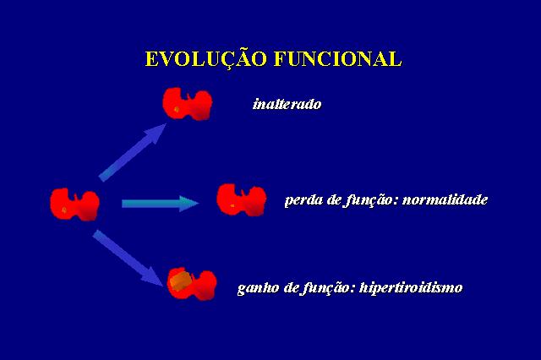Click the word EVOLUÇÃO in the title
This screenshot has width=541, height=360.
(206, 58)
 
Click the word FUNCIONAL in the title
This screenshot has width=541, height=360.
(338, 58)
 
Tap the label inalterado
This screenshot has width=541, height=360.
(287, 104)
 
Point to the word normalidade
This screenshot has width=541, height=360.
(445, 199)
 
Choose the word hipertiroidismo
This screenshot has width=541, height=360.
(411, 287)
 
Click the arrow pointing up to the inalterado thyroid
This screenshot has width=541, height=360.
(133, 152)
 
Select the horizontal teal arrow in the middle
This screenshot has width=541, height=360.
(160, 204)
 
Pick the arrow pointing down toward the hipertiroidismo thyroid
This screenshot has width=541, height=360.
(128, 258)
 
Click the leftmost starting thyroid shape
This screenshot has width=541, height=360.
(75, 205)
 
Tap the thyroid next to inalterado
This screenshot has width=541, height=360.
(188, 104)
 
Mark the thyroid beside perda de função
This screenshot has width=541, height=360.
(242, 200)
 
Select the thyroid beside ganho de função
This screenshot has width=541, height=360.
(192, 285)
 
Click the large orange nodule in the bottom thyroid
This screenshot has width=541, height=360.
(181, 281)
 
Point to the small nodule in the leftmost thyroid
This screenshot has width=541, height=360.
(64, 210)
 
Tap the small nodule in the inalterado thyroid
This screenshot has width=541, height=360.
(177, 110)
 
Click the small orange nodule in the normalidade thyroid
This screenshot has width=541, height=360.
(232, 206)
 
